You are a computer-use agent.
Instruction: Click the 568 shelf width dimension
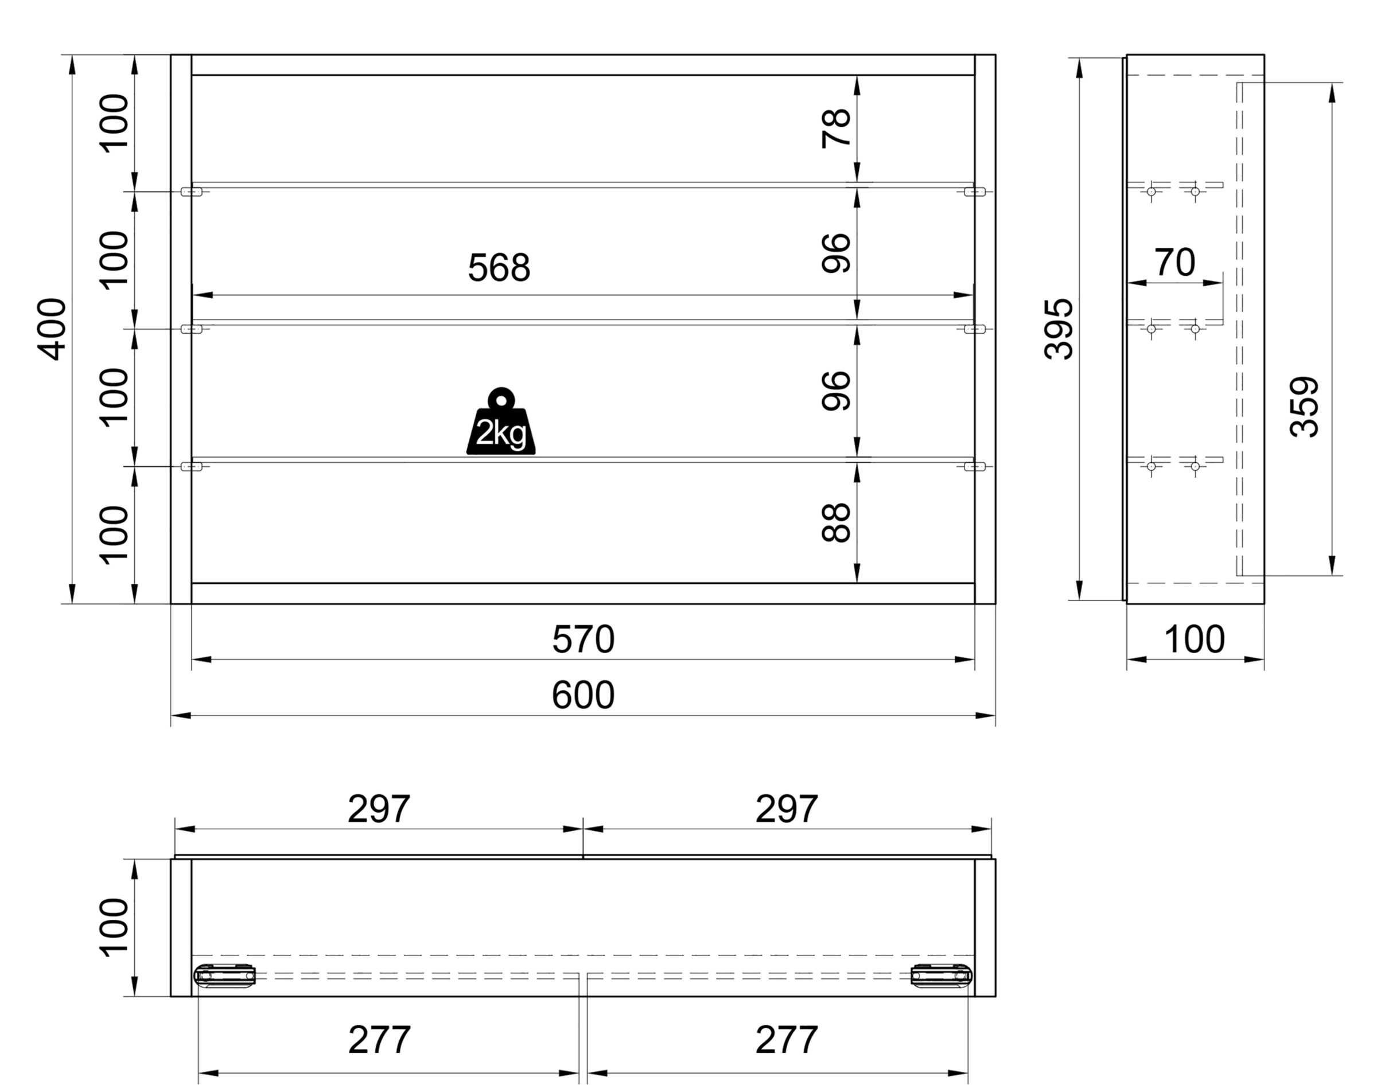click(499, 268)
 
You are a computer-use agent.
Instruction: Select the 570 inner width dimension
click(584, 639)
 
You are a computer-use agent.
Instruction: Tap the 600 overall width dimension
click(584, 695)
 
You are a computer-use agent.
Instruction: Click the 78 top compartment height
click(836, 128)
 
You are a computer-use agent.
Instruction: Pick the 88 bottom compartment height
click(836, 523)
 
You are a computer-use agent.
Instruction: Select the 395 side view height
click(1059, 329)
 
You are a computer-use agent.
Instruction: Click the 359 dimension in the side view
click(1304, 407)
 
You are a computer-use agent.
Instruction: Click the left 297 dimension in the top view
click(379, 809)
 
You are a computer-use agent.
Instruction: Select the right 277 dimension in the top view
click(787, 1040)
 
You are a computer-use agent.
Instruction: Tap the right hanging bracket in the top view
click(942, 975)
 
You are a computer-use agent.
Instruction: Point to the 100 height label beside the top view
click(114, 927)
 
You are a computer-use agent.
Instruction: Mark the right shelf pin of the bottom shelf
click(975, 466)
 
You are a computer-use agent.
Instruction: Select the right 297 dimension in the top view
click(787, 809)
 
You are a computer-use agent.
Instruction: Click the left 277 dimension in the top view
click(379, 1040)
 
